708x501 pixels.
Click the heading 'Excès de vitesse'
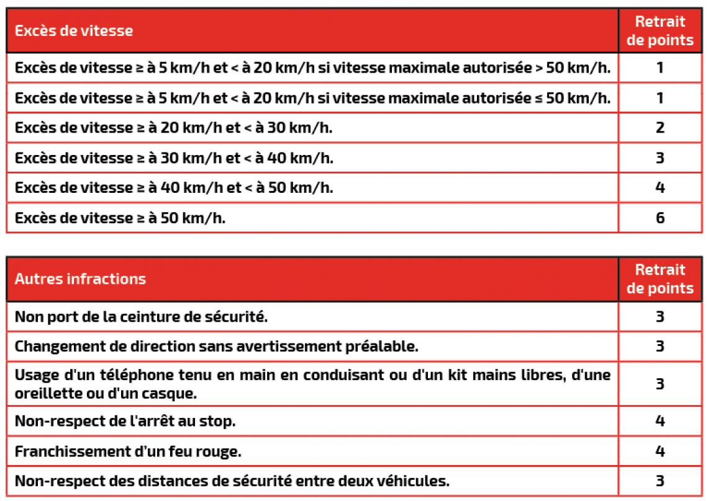coord(74,30)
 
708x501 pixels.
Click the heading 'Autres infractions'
coord(80,279)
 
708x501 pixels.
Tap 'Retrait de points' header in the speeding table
coord(660,31)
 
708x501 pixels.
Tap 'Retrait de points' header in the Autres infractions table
coord(660,279)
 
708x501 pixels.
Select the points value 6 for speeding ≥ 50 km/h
coord(660,218)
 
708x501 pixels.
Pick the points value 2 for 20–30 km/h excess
coord(660,128)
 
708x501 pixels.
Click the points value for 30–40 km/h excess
coord(660,158)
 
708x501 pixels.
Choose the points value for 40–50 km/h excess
coord(660,187)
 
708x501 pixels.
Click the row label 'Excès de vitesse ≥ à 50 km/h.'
coord(120,218)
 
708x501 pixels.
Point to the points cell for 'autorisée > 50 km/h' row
coord(660,68)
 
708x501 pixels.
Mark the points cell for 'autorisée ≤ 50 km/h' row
coord(660,98)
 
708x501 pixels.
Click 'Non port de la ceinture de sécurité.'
coord(141,317)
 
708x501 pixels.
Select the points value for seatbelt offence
coord(660,317)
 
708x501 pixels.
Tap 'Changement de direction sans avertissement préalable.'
coord(216,347)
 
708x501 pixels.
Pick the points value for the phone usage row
coord(660,384)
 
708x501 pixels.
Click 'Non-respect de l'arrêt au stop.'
coord(125,422)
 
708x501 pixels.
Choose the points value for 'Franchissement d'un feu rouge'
coord(660,451)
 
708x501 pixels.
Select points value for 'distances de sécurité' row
coord(660,481)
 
